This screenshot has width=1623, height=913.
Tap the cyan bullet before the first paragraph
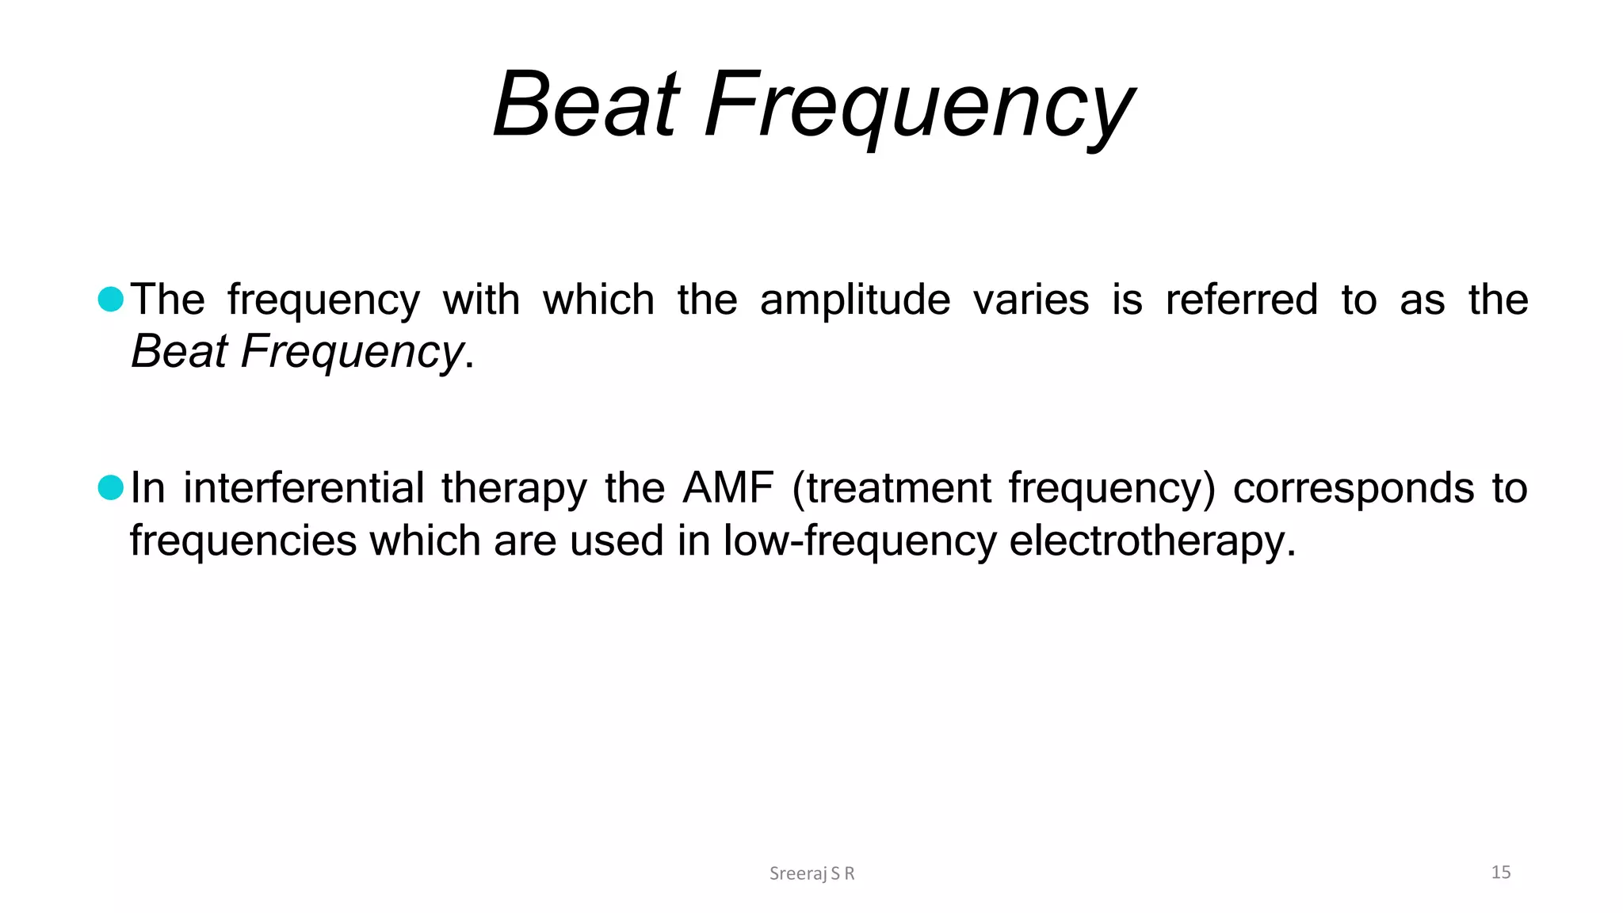(111, 299)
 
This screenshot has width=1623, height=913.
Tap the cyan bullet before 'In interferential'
(111, 487)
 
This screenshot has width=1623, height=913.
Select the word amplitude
(854, 300)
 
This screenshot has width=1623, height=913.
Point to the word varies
(1030, 300)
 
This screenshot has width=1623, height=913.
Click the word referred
(1241, 300)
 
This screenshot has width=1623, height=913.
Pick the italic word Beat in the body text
(179, 351)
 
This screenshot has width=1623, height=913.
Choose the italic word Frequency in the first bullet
(352, 353)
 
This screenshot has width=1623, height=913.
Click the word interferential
(304, 488)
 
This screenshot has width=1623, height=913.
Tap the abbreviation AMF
(727, 488)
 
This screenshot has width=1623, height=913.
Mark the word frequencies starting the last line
(243, 542)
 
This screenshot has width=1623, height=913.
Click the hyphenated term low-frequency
(859, 542)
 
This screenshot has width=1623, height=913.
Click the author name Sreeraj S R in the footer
(811, 873)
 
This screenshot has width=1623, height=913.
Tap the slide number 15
(1500, 873)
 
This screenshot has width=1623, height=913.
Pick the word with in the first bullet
(481, 300)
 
